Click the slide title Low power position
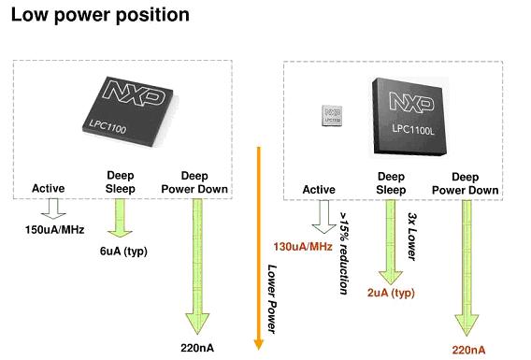pyautogui.click(x=100, y=16)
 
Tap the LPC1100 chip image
pyautogui.click(x=128, y=111)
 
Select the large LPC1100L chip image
pyautogui.click(x=409, y=117)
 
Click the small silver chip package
pyautogui.click(x=332, y=116)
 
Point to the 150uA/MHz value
pyautogui.click(x=54, y=230)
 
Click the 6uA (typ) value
pyautogui.click(x=123, y=252)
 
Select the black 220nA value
pyautogui.click(x=197, y=348)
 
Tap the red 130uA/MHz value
pyautogui.click(x=303, y=246)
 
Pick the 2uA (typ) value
pyautogui.click(x=391, y=293)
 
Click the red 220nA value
pyautogui.click(x=468, y=350)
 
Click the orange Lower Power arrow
pyautogui.click(x=259, y=248)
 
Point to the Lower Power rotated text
pyautogui.click(x=272, y=299)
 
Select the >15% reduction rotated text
pyautogui.click(x=344, y=253)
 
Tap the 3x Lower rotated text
pyautogui.click(x=411, y=237)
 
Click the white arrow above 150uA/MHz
pyautogui.click(x=53, y=209)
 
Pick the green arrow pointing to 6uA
pyautogui.click(x=120, y=218)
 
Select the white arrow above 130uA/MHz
pyautogui.click(x=324, y=217)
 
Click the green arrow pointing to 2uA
pyautogui.click(x=391, y=242)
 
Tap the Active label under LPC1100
pyautogui.click(x=48, y=188)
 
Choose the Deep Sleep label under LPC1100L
pyautogui.click(x=391, y=183)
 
